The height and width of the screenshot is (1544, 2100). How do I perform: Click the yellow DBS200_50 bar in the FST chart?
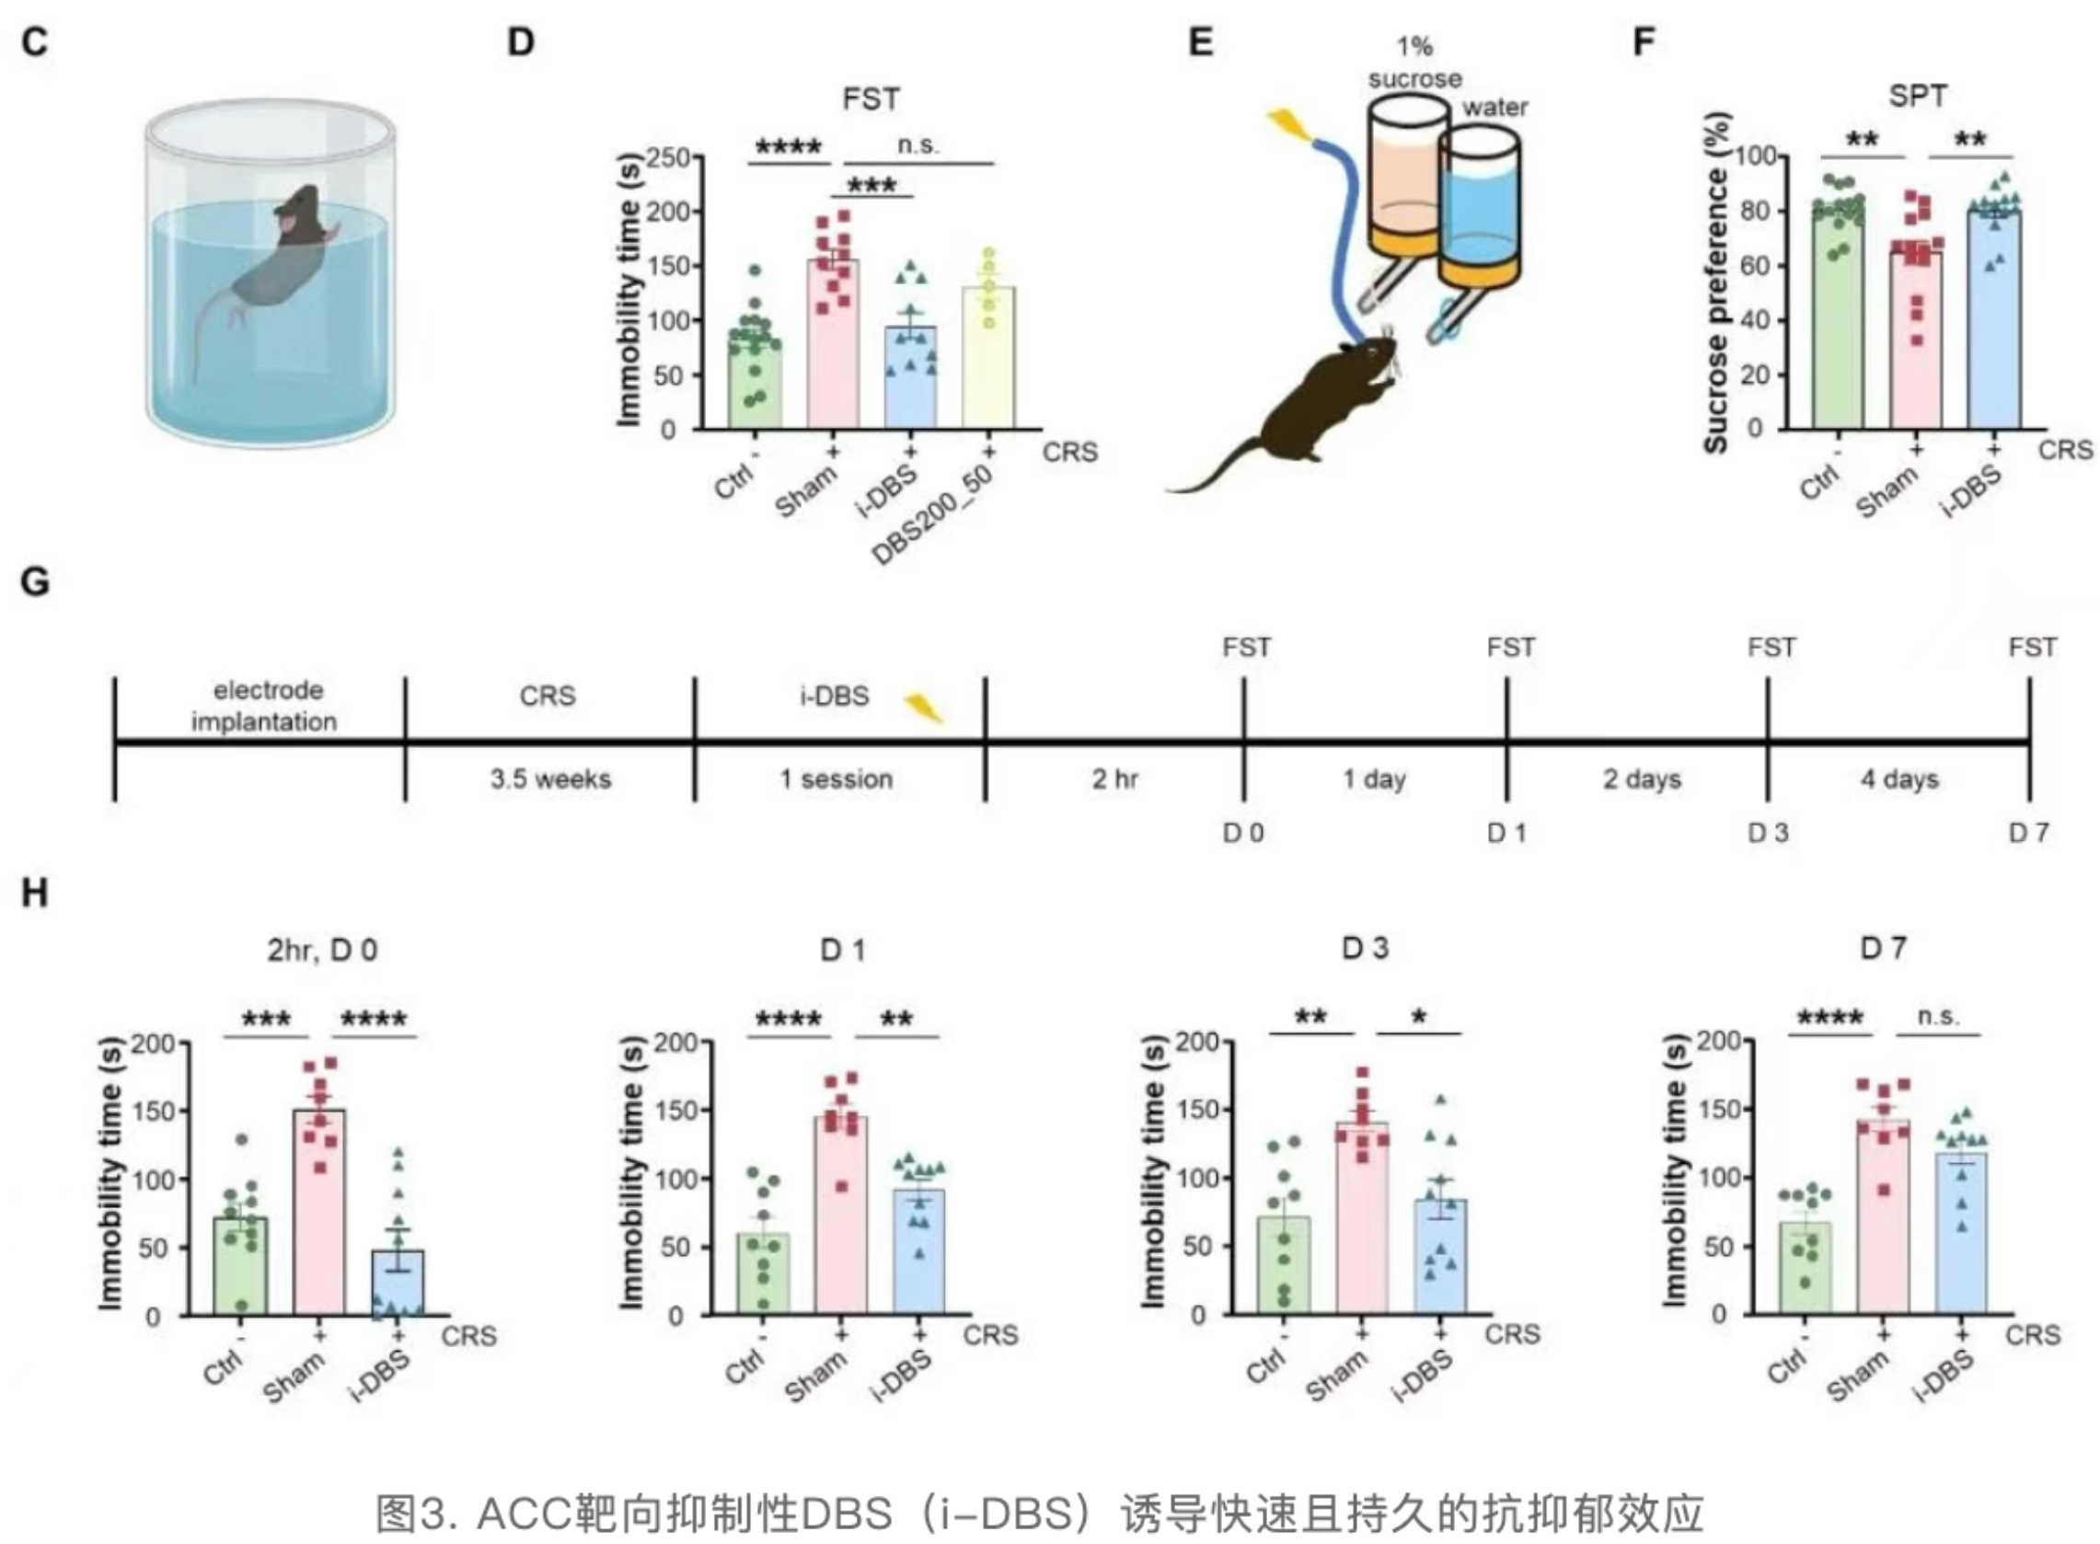(x=987, y=360)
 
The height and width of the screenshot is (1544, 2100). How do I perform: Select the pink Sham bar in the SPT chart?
(x=1916, y=341)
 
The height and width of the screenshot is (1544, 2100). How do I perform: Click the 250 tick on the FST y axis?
(x=667, y=158)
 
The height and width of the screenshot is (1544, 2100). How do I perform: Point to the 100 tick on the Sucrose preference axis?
(x=1756, y=156)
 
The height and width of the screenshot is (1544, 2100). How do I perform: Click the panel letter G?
(x=35, y=582)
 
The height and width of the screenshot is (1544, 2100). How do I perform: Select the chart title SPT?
(x=1918, y=96)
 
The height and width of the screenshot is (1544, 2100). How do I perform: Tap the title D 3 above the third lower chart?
(x=1365, y=949)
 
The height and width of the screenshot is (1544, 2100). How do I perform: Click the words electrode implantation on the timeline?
(x=264, y=707)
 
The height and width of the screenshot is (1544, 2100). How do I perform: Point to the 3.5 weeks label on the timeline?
(x=550, y=779)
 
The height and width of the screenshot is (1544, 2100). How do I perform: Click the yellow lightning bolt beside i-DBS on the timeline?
(x=923, y=708)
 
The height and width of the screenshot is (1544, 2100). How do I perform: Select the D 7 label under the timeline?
(x=2028, y=832)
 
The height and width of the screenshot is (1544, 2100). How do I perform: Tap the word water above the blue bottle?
(x=1494, y=108)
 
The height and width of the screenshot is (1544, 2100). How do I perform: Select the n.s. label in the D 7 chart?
(x=1937, y=1015)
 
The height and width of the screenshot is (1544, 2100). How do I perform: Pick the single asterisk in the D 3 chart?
(x=1418, y=1017)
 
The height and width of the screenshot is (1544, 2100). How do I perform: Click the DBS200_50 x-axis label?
(x=935, y=514)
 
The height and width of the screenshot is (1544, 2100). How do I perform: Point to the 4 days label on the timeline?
(x=1899, y=779)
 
